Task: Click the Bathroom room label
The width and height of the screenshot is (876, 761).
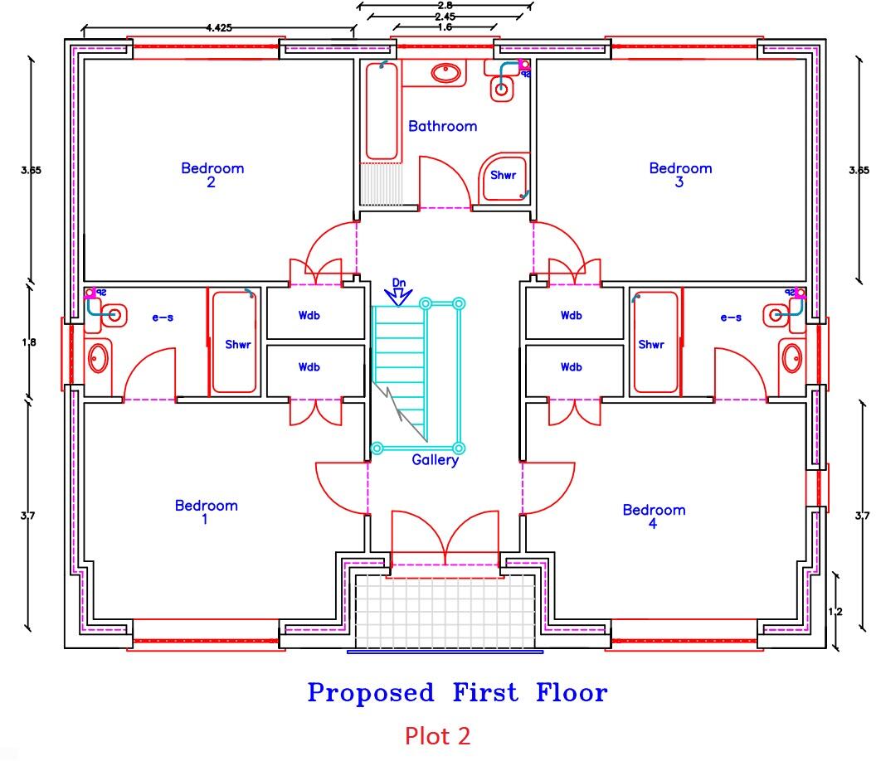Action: click(x=442, y=126)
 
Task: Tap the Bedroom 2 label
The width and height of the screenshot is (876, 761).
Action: click(x=212, y=174)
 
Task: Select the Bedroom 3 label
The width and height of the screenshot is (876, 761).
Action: click(x=680, y=174)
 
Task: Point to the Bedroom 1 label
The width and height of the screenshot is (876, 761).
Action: click(x=206, y=511)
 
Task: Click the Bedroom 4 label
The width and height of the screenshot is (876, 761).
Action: click(x=654, y=516)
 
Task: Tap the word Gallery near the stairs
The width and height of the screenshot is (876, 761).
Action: click(x=435, y=460)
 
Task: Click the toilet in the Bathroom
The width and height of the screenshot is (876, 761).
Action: click(x=502, y=86)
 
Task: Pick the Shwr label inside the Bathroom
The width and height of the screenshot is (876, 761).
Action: click(x=503, y=175)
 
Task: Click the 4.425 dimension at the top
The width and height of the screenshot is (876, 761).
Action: click(x=218, y=27)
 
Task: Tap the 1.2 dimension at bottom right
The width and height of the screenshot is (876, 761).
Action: click(x=835, y=612)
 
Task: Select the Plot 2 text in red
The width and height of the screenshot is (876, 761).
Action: click(x=438, y=734)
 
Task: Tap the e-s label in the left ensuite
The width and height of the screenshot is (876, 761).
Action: click(x=161, y=317)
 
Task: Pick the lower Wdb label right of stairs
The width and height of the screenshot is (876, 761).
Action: click(x=571, y=366)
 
